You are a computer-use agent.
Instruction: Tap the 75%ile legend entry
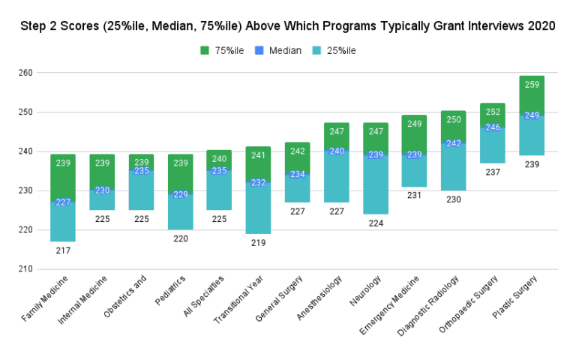(220, 50)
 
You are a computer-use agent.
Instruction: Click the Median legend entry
(277, 50)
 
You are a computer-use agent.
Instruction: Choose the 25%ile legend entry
(334, 50)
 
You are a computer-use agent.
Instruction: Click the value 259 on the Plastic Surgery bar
(531, 85)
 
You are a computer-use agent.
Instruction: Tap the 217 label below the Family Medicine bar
(63, 250)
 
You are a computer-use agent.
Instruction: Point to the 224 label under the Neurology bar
(375, 223)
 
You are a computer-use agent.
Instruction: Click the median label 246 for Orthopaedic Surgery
(492, 127)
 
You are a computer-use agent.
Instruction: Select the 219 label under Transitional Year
(258, 242)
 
